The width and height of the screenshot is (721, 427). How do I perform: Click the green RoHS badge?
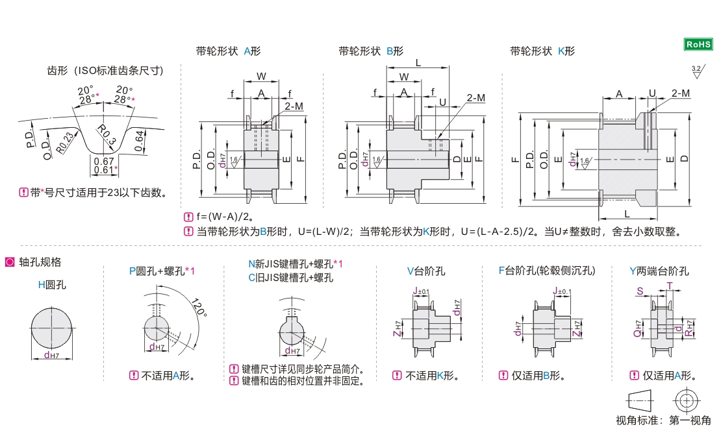(698, 44)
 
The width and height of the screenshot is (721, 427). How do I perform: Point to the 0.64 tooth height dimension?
(139, 141)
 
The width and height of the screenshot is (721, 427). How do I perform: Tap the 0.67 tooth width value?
(104, 161)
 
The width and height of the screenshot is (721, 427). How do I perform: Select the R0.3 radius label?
(106, 134)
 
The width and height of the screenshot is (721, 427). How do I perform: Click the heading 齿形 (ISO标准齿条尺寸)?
(105, 71)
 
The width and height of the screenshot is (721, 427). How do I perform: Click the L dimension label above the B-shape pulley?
(418, 62)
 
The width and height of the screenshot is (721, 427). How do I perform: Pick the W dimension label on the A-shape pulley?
(260, 77)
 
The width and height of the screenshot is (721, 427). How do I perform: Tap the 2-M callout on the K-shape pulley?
(681, 93)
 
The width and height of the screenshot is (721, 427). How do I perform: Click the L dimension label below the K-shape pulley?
(626, 213)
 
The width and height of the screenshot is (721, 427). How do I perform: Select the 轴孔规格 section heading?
(40, 262)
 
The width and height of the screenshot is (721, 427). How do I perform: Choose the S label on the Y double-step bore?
(640, 292)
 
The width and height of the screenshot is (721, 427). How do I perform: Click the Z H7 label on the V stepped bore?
(396, 329)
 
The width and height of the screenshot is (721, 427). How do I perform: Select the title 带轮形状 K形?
(542, 51)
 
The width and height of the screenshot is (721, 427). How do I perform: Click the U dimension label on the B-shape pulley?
(442, 103)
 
